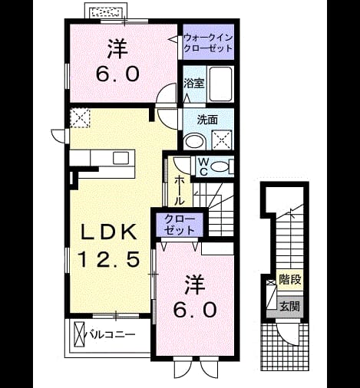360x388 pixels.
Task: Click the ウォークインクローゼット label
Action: [208, 43]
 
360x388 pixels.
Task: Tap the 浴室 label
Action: [193, 84]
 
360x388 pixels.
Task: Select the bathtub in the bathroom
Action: [220, 84]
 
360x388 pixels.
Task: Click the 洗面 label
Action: [207, 120]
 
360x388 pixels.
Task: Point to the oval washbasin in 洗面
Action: [195, 142]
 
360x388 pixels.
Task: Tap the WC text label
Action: [203, 167]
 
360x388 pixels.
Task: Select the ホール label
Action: [180, 191]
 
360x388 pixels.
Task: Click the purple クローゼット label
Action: [180, 225]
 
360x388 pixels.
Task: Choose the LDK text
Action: [108, 232]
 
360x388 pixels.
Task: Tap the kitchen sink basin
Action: [121, 158]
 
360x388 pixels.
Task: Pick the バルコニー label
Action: [111, 334]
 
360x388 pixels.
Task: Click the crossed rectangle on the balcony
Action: [79, 334]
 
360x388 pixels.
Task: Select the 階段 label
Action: [289, 279]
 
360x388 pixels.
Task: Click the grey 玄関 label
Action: [289, 306]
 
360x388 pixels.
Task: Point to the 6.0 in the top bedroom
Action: [118, 74]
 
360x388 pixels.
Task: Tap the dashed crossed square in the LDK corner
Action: [80, 118]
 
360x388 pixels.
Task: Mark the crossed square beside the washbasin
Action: [222, 140]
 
